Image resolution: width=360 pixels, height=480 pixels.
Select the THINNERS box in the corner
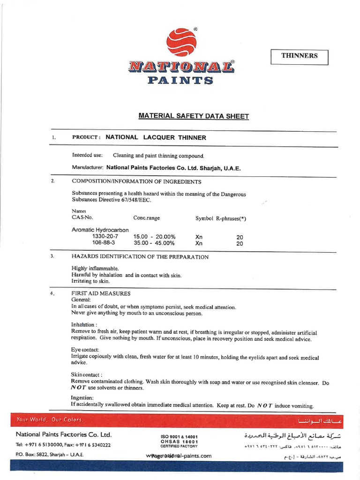(x=300, y=56)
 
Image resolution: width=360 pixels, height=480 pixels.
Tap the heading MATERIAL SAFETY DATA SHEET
(x=194, y=116)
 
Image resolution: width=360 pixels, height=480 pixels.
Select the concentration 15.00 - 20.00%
(x=154, y=237)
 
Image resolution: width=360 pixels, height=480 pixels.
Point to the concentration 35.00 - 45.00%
(x=154, y=243)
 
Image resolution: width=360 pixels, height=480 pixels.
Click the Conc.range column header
(x=146, y=218)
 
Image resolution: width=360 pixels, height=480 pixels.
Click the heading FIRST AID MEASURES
(x=101, y=293)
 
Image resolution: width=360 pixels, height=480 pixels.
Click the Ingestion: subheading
(x=82, y=398)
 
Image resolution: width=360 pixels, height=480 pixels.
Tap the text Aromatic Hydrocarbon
(x=100, y=230)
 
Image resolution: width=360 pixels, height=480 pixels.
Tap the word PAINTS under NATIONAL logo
(x=180, y=80)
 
